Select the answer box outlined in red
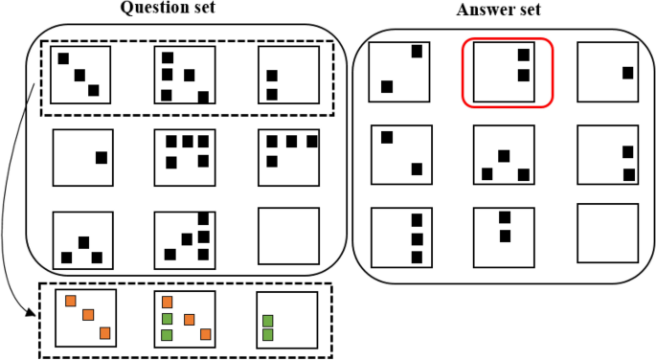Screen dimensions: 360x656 [x=507, y=73]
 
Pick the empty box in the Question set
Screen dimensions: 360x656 [x=288, y=238]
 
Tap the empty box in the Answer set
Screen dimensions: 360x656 [x=607, y=231]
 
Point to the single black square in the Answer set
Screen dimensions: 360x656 [x=628, y=73]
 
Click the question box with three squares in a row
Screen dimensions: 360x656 [x=288, y=157]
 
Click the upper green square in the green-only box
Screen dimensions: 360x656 [x=267, y=321]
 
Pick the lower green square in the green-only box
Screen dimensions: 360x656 [x=267, y=334]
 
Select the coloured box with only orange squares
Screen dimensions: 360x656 [x=86, y=319]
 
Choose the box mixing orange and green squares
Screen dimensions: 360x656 [x=184, y=319]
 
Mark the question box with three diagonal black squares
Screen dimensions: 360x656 [x=80, y=74]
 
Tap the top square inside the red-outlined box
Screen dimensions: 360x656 [x=523, y=56]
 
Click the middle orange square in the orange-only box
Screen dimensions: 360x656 [x=87, y=315]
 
